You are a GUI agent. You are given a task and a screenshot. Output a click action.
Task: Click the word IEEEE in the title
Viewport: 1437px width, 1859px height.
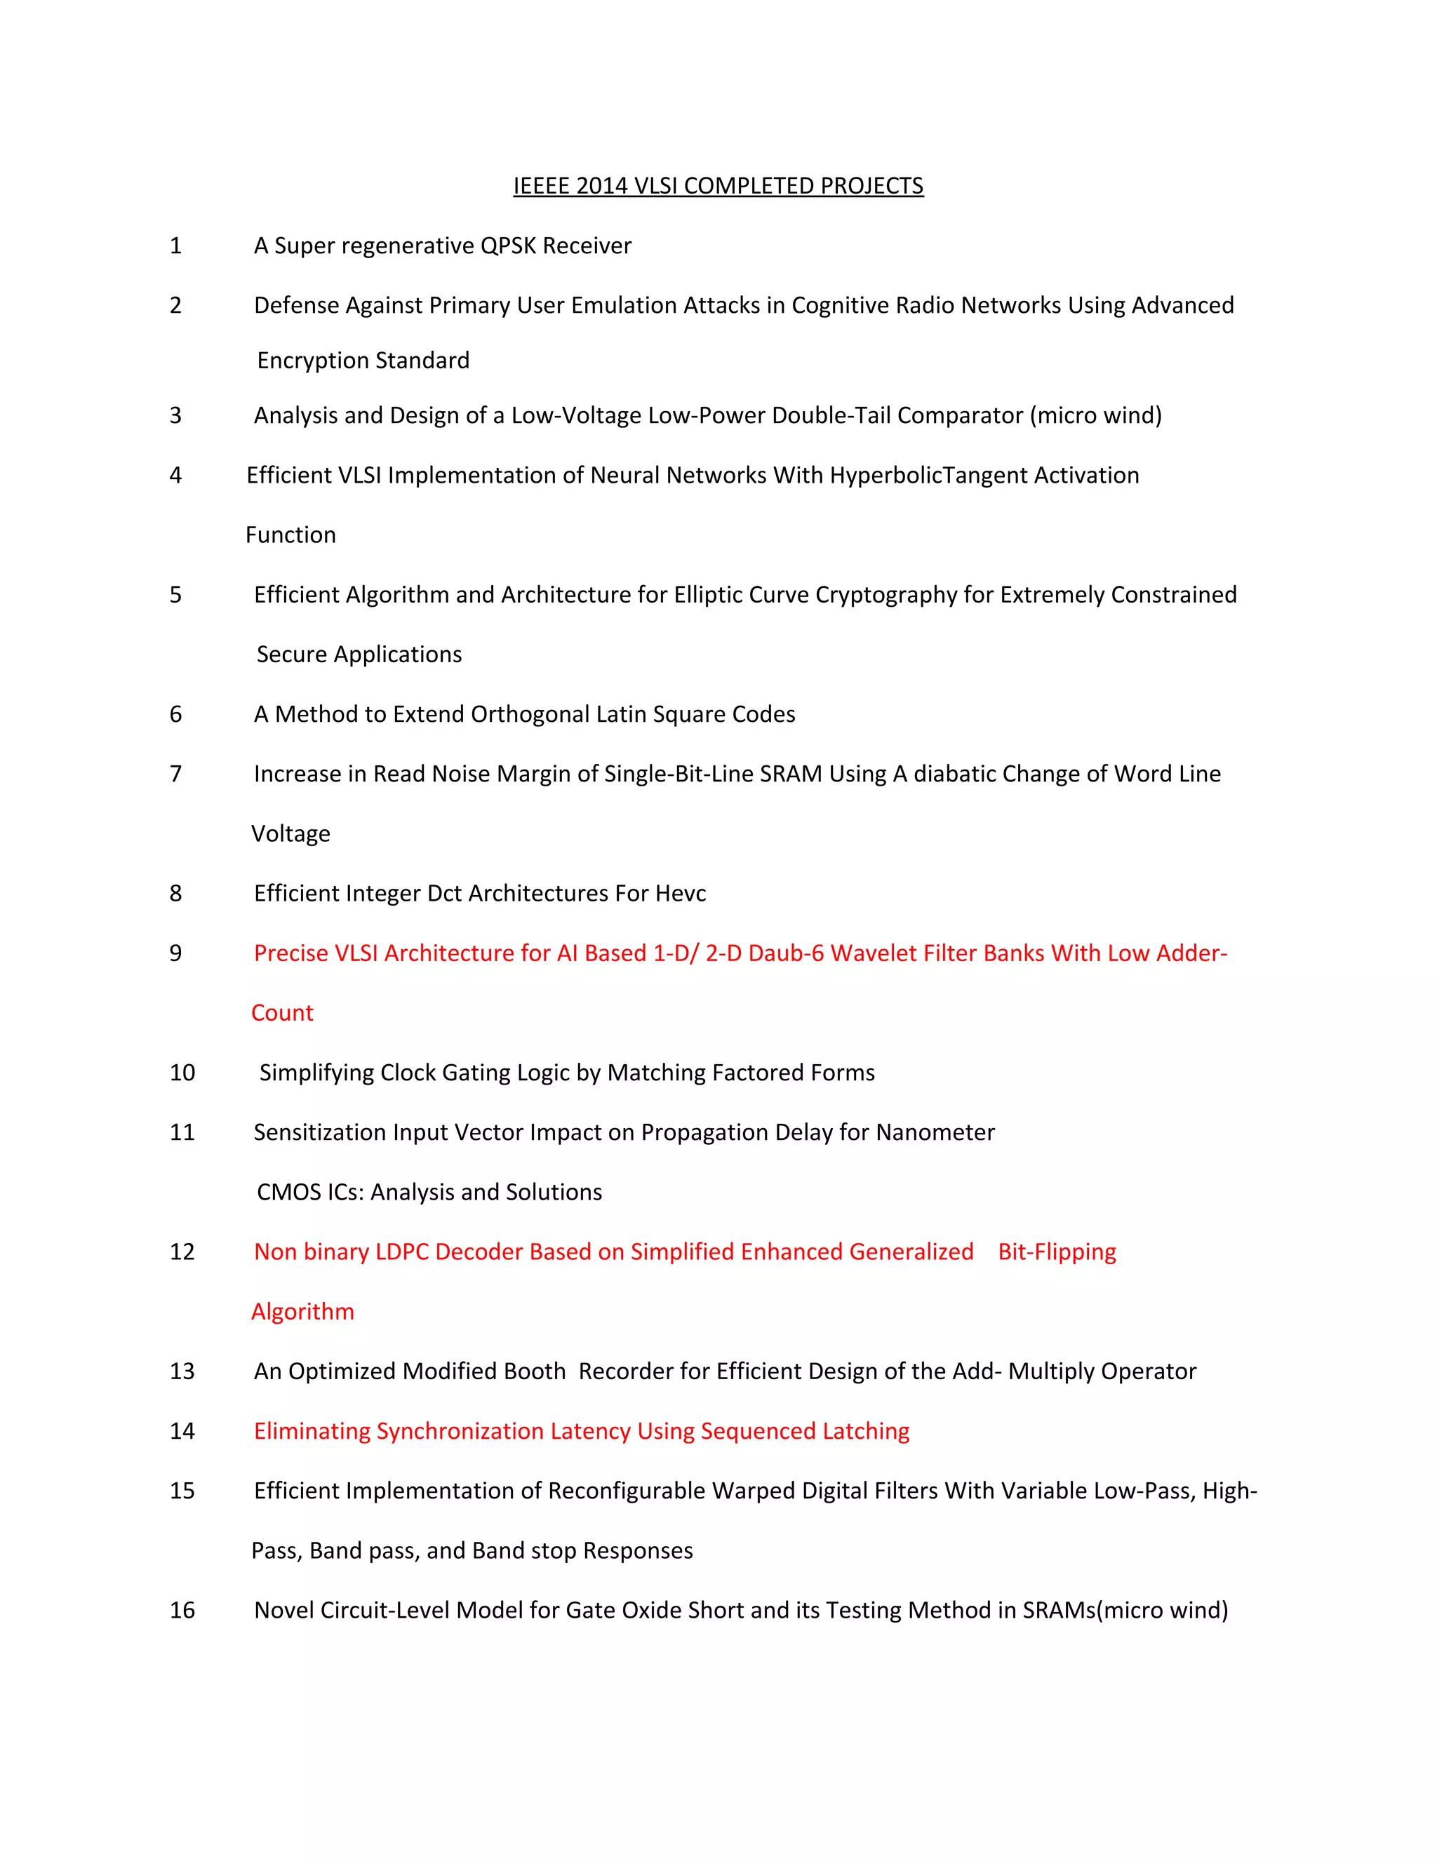pyautogui.click(x=542, y=186)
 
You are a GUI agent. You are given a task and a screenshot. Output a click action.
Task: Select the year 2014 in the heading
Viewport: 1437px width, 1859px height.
pyautogui.click(x=602, y=186)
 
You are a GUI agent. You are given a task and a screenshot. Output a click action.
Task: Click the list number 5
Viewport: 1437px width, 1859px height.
pyautogui.click(x=175, y=595)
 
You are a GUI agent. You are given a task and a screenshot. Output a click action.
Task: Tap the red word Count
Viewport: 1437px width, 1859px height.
pyautogui.click(x=282, y=1013)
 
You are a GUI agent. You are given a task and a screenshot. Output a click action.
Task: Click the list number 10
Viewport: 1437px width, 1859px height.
pyautogui.click(x=182, y=1073)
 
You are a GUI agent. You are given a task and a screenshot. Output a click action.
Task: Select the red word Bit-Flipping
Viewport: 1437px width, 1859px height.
pyautogui.click(x=1057, y=1252)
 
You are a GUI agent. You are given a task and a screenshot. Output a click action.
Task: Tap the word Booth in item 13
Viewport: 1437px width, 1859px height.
pyautogui.click(x=535, y=1371)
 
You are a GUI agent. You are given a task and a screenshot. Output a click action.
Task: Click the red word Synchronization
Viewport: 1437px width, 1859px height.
pyautogui.click(x=460, y=1432)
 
